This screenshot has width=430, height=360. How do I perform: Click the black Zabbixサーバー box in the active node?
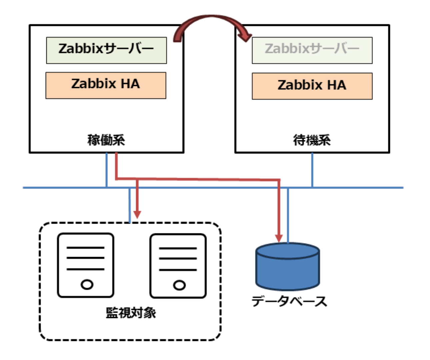tap(106, 50)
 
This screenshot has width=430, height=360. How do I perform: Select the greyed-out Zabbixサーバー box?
tap(312, 50)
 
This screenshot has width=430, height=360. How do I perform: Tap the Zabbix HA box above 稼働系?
tap(106, 85)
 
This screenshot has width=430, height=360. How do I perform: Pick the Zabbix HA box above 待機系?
tap(312, 86)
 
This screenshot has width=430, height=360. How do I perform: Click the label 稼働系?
tap(106, 140)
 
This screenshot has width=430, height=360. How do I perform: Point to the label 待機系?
tap(312, 140)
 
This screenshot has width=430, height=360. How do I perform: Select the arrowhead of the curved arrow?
tap(245, 35)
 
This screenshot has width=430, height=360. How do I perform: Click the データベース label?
tap(289, 301)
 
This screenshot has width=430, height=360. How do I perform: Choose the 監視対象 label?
tap(131, 313)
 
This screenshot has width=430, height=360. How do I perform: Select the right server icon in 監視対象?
tap(178, 266)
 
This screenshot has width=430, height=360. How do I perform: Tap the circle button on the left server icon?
tap(87, 285)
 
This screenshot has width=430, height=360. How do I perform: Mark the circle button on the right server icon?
tap(179, 285)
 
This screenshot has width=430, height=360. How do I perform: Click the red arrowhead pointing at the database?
tap(279, 238)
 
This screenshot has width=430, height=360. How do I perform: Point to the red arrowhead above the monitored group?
tap(137, 214)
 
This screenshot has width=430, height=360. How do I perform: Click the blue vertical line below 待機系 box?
tap(312, 170)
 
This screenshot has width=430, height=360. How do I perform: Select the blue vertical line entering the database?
tap(288, 215)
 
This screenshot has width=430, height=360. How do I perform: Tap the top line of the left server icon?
tap(86, 248)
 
